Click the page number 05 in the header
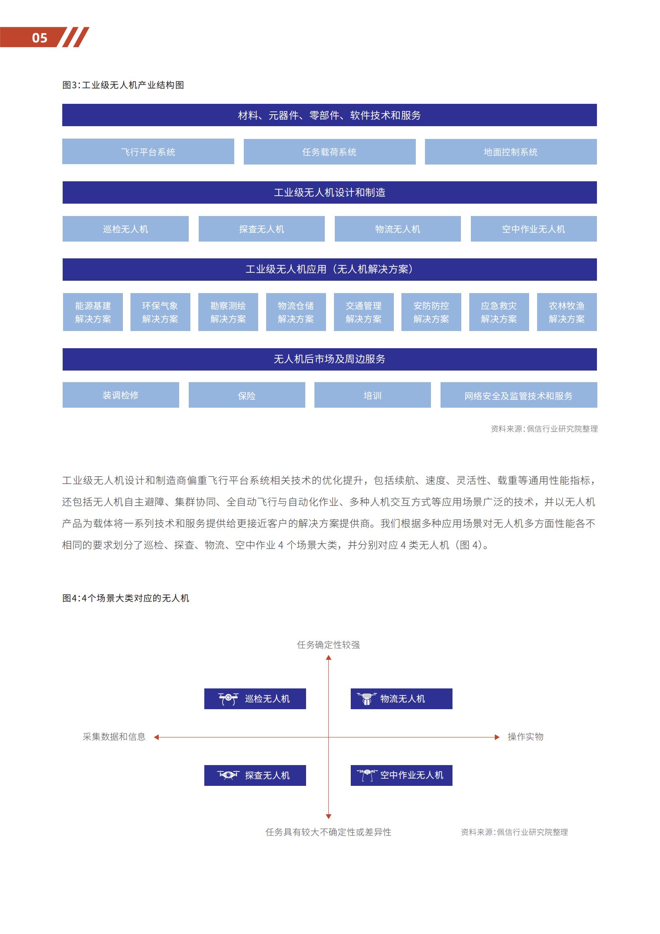coord(40,38)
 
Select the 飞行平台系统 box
coord(148,152)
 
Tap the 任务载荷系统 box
coord(329,152)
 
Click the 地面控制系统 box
coord(510,152)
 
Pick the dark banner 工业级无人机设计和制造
coord(329,192)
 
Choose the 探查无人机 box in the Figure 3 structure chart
coord(261,229)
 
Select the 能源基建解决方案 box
coord(93,312)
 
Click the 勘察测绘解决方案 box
coord(228,312)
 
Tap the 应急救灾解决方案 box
coord(499,312)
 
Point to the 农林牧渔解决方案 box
coord(567,312)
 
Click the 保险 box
coord(247,395)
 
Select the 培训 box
coord(372,395)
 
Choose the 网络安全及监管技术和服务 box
coord(519,395)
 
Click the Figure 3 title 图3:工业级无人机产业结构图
coord(123,85)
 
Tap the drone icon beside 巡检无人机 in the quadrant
coord(228,699)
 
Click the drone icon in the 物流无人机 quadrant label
coord(367,699)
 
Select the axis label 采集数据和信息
coord(114,737)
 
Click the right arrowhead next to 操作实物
coord(497,737)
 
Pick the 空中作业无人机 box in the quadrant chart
coord(401,775)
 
